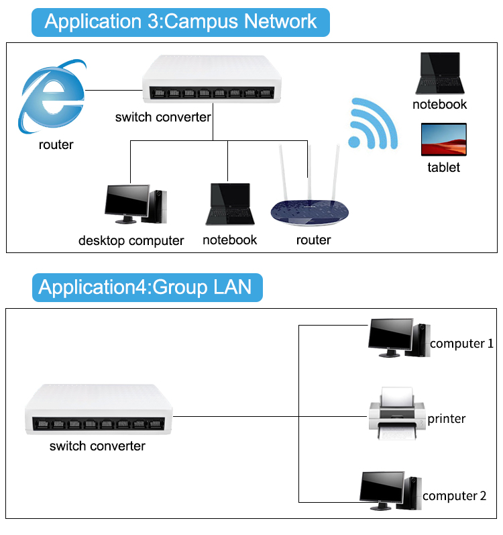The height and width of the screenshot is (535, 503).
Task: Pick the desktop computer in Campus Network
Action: (x=135, y=205)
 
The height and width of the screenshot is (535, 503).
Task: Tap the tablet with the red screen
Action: (x=443, y=140)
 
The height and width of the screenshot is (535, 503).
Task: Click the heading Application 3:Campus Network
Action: (x=180, y=21)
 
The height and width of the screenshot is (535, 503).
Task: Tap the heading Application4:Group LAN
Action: (x=146, y=287)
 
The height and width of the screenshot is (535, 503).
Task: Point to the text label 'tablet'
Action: (x=443, y=167)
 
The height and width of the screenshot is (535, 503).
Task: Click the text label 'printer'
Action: (x=446, y=419)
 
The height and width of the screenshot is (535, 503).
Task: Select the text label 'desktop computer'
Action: (x=131, y=240)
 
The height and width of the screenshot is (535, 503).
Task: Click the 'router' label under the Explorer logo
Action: (x=56, y=144)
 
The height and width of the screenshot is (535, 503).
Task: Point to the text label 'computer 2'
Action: (x=454, y=496)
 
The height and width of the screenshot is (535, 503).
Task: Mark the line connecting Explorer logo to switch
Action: (x=113, y=90)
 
